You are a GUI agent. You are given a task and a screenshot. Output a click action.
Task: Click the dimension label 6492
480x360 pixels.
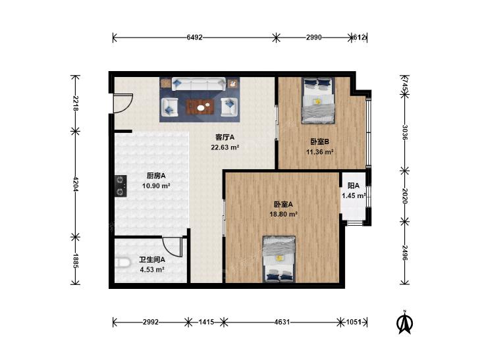[x=195, y=38]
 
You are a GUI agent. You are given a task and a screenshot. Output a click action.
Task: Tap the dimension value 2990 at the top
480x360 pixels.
[x=314, y=38]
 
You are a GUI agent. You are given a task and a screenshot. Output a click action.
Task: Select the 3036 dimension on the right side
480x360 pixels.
[x=405, y=132]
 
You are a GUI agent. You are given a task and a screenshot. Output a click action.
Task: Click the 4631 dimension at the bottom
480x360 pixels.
[x=282, y=322]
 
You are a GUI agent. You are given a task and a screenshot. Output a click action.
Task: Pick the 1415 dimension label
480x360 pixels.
[x=206, y=322]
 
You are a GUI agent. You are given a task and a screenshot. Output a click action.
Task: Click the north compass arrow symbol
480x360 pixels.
[x=405, y=322]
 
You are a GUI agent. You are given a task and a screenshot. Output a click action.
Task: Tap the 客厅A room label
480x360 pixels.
[x=225, y=137]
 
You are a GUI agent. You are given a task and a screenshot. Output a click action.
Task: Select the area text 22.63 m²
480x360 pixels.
[x=225, y=147]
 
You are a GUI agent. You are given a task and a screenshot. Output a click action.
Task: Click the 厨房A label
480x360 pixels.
[x=156, y=176]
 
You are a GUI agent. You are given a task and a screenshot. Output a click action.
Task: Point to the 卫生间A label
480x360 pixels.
[x=152, y=260]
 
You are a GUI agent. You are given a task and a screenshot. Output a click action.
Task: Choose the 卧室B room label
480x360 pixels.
[x=319, y=141]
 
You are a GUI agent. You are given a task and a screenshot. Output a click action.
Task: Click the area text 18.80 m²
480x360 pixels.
[x=283, y=214]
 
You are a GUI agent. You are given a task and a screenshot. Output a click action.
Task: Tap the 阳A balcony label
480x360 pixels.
[x=354, y=186]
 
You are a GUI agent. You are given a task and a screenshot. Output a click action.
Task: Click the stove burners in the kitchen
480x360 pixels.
[x=120, y=186]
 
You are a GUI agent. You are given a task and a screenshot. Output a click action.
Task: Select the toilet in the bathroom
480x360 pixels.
[x=122, y=263]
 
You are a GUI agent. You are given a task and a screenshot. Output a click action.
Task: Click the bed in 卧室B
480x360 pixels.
[x=318, y=101]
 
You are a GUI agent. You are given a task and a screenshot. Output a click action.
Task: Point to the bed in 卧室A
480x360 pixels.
[x=279, y=259]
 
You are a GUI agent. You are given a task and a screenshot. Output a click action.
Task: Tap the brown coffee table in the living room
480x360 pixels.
[x=200, y=107]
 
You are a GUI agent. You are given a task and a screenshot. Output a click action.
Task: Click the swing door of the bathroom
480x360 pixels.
[x=174, y=247]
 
